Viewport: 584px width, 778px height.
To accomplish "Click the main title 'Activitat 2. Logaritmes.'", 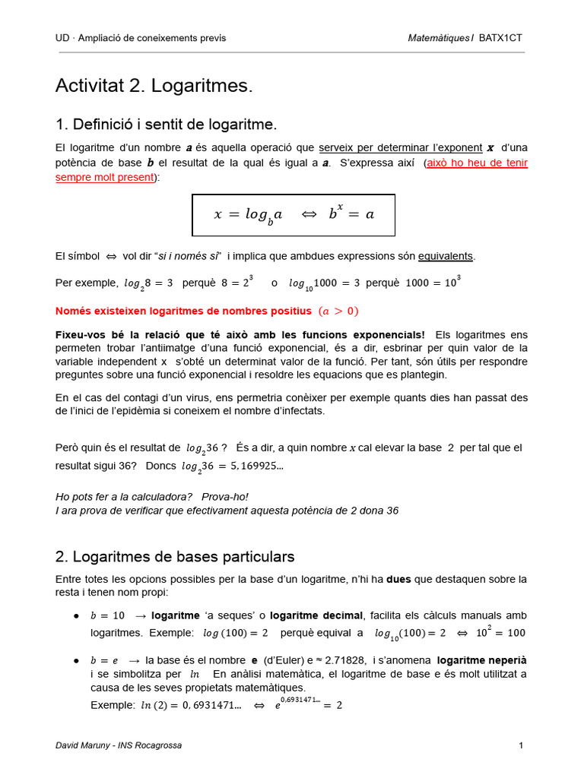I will coord(153,87).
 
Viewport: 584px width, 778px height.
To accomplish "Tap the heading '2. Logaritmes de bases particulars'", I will coord(175,557).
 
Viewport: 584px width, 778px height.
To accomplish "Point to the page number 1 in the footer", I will coord(521,745).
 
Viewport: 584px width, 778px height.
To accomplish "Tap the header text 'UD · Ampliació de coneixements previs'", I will coord(141,38).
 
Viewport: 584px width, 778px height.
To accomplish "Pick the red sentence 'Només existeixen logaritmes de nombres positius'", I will coord(183,311).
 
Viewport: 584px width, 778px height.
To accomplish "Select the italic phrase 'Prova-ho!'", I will coord(226,497).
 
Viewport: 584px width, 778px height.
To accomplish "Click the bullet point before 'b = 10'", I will coord(76,615).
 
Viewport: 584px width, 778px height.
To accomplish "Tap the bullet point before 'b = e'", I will coord(76,660).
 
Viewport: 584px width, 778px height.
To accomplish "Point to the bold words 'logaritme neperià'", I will coord(482,660).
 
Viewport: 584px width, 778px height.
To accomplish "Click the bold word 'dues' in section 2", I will coord(399,579).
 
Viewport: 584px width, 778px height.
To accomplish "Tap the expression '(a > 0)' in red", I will coord(338,311).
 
